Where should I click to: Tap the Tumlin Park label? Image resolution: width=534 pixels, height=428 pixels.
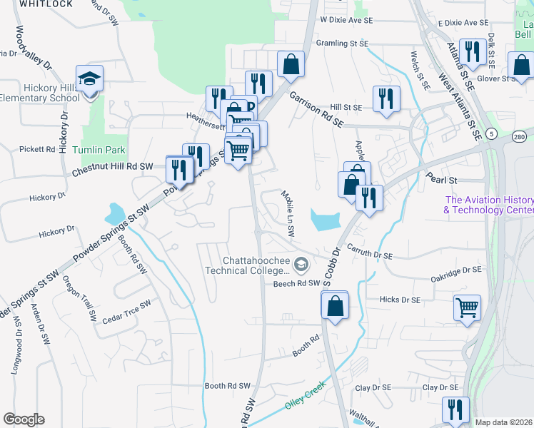point(99,150)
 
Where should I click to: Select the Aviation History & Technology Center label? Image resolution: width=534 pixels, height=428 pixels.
point(488,205)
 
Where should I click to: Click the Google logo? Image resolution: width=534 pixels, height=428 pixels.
point(24,419)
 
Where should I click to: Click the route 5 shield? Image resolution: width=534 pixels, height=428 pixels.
point(492,133)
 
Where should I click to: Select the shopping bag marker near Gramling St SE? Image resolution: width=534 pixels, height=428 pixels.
point(291,64)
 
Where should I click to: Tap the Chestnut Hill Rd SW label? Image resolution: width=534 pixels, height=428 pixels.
point(114,167)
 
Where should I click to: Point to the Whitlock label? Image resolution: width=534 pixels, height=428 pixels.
point(46,4)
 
